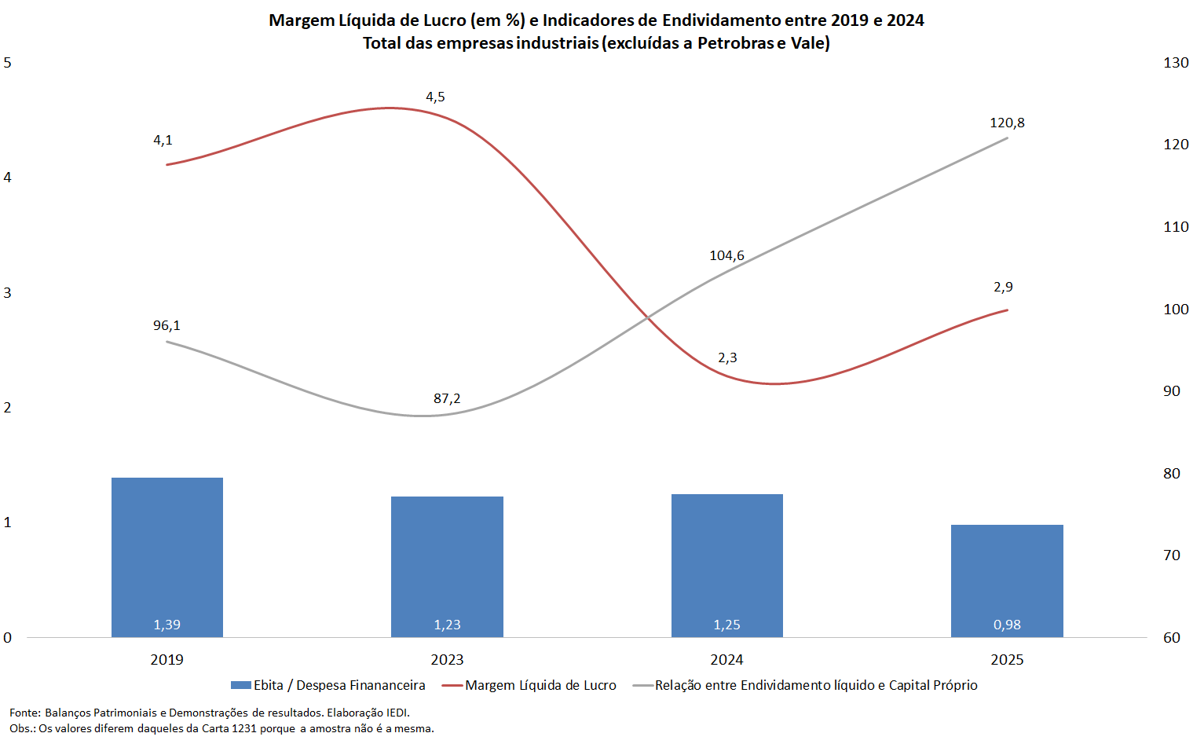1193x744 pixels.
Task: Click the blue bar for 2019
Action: (x=167, y=558)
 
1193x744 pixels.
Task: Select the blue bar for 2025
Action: (x=1007, y=581)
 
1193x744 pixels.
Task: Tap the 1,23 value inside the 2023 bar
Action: (x=448, y=624)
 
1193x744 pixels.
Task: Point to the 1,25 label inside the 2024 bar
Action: (x=727, y=624)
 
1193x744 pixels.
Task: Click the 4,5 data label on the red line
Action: (x=435, y=97)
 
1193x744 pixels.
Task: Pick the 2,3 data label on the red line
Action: (x=727, y=357)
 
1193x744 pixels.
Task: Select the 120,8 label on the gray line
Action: (x=1007, y=123)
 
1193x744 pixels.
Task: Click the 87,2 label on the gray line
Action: (x=447, y=398)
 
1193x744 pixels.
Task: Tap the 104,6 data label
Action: (x=727, y=255)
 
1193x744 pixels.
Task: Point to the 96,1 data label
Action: (x=167, y=325)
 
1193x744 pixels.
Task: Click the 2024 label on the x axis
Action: (x=727, y=660)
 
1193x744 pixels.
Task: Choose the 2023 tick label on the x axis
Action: (x=448, y=660)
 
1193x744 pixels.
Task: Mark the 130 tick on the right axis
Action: (x=1176, y=63)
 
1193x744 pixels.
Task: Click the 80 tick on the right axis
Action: (x=1172, y=473)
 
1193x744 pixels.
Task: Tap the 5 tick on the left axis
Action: (x=7, y=63)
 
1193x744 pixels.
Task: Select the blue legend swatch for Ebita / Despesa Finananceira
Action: (x=241, y=685)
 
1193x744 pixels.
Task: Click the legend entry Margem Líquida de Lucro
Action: (x=540, y=685)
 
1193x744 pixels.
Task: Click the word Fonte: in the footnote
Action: (x=25, y=713)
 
